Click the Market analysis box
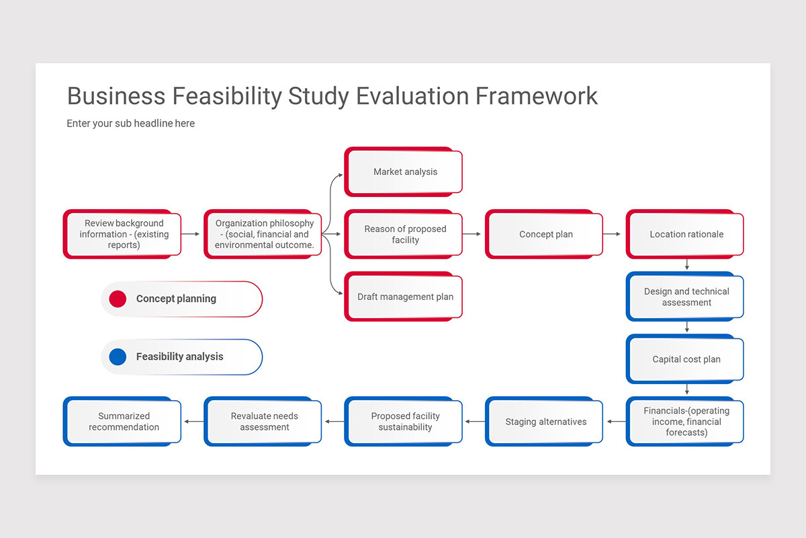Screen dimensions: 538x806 tap(405, 172)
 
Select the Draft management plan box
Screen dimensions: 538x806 tap(405, 297)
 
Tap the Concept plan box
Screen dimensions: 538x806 tap(545, 234)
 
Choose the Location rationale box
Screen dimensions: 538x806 tap(686, 234)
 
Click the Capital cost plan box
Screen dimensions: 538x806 tap(686, 359)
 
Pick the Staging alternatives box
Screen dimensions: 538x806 tap(545, 422)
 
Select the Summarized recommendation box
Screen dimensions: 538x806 tap(124, 422)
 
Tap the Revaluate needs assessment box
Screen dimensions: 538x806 tap(264, 422)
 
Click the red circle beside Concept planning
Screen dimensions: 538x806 tap(118, 299)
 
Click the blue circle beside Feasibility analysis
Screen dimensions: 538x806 tap(118, 357)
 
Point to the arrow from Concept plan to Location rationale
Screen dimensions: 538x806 tap(611, 234)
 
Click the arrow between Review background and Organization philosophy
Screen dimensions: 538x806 tap(191, 234)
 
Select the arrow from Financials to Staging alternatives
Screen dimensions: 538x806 tap(616, 422)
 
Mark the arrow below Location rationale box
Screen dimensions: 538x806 tap(686, 264)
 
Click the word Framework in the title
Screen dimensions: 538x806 tap(537, 95)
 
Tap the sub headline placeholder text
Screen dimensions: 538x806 tap(130, 124)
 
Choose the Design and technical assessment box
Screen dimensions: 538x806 tap(686, 297)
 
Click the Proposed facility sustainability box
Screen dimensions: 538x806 tap(405, 422)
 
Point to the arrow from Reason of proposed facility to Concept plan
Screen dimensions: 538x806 tap(472, 234)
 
